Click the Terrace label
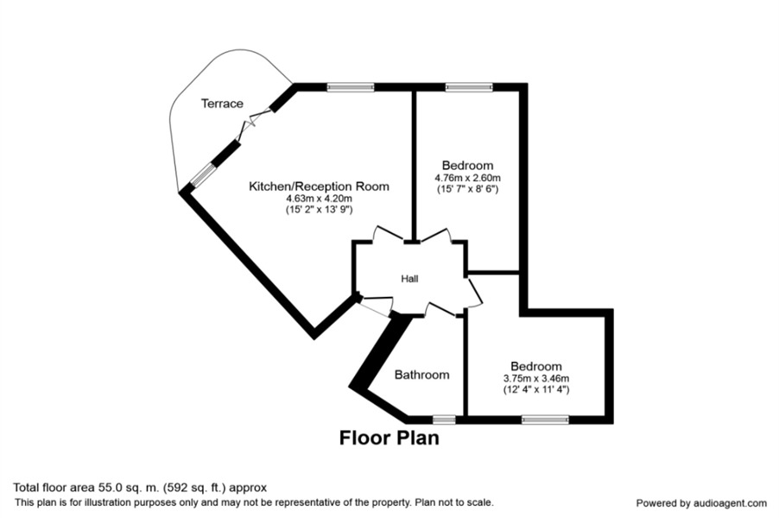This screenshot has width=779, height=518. click(222, 104)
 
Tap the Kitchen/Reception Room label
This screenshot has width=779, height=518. click(319, 186)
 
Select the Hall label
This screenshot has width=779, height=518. click(409, 279)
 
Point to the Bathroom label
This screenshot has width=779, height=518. click(421, 375)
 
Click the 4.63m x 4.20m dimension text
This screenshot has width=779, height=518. click(319, 199)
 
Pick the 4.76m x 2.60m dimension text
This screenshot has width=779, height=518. click(467, 178)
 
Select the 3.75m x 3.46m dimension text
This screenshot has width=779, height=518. click(535, 378)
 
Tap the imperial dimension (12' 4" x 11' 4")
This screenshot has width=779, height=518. click(535, 389)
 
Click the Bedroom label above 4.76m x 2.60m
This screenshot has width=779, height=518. click(467, 166)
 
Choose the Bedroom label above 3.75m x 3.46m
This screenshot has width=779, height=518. click(535, 366)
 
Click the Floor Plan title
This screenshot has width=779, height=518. click(389, 439)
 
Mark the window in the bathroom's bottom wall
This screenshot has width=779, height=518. click(444, 420)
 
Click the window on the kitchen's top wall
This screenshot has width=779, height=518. click(351, 86)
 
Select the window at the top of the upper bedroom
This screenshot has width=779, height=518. click(468, 86)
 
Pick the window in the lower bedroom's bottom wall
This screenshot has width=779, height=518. click(545, 420)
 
